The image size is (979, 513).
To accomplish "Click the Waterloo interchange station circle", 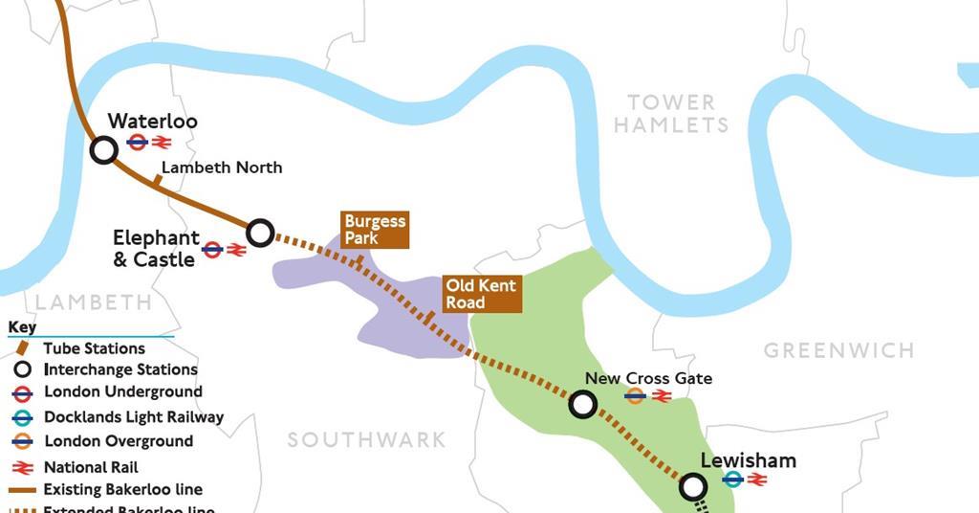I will [104, 150].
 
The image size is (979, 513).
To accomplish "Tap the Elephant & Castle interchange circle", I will [260, 233].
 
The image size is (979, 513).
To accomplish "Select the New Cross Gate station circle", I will [582, 404].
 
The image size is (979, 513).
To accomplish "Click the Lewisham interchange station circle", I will [693, 487].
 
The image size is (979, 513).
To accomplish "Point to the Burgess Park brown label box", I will [375, 230].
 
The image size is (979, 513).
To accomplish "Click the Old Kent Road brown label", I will [482, 294].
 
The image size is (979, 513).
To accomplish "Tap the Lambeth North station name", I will [222, 167].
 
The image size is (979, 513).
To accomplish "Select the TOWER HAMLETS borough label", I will [670, 114].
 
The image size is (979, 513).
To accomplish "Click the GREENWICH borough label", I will [838, 350].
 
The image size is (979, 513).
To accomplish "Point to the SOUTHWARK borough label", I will [367, 440].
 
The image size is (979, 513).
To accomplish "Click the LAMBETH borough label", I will [94, 302].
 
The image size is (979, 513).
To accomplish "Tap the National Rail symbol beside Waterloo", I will [161, 143].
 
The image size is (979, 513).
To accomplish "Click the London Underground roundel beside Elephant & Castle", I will [212, 250].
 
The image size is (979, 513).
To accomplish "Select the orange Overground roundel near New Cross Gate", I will [634, 395].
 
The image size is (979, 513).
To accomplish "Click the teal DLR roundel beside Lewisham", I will [732, 480].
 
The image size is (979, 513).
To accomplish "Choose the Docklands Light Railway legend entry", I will [133, 417].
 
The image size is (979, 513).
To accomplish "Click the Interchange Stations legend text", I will [120, 369].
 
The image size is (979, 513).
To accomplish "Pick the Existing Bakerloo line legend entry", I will [122, 490].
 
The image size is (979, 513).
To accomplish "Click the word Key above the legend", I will [22, 327].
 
